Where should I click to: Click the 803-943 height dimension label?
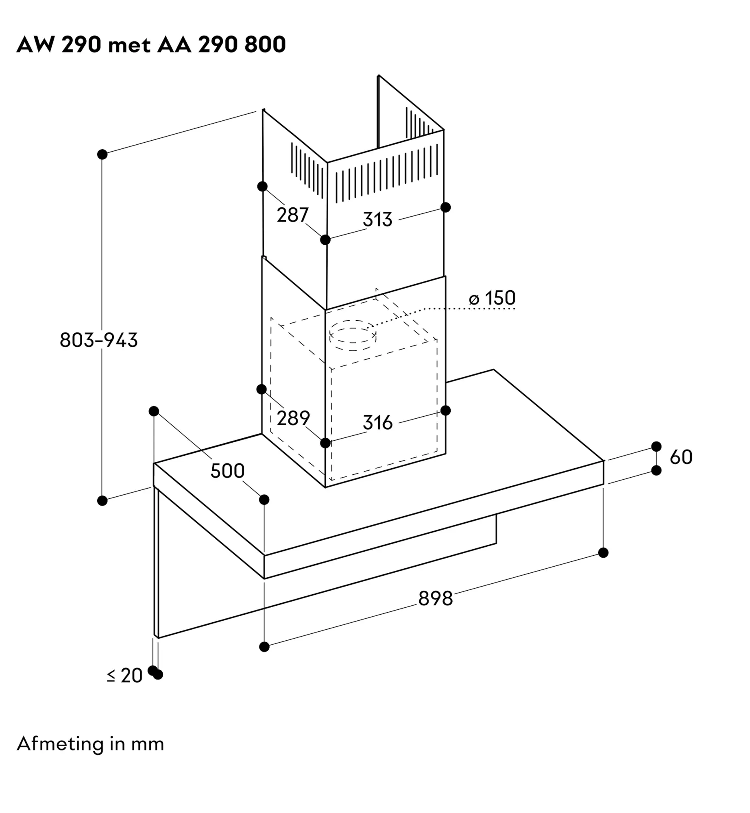click(x=99, y=340)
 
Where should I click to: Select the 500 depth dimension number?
click(x=227, y=471)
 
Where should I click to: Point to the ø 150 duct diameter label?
click(x=492, y=298)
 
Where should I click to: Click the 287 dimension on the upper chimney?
click(x=293, y=215)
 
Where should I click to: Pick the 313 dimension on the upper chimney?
click(x=377, y=220)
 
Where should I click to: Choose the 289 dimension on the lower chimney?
click(x=293, y=418)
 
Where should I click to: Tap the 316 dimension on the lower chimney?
click(x=377, y=423)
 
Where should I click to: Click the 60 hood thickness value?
click(x=681, y=457)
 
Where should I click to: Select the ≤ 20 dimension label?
click(x=125, y=676)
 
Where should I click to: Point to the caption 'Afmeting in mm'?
click(x=90, y=744)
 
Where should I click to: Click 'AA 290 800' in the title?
click(x=221, y=45)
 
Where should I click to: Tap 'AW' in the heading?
click(x=35, y=45)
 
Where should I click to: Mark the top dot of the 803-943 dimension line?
click(x=102, y=154)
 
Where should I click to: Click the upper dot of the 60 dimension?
click(x=656, y=446)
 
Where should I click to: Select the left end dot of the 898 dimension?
click(x=264, y=646)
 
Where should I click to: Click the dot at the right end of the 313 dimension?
click(x=446, y=207)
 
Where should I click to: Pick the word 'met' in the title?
click(x=129, y=45)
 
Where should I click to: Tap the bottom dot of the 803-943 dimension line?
click(x=102, y=501)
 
